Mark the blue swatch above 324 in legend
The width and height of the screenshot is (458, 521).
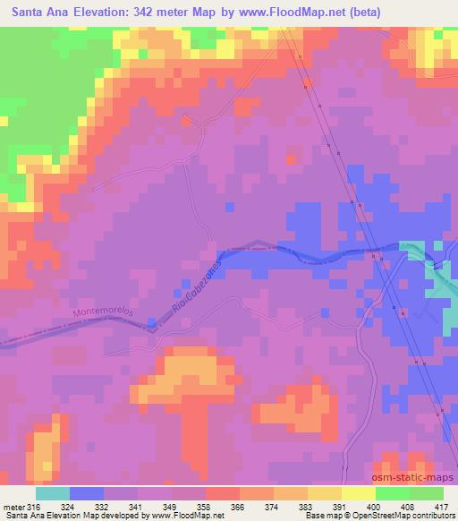(x=86, y=493)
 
